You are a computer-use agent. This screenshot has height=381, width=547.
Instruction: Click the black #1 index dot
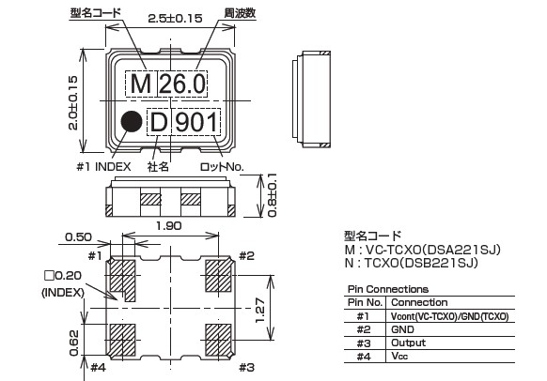[132, 122]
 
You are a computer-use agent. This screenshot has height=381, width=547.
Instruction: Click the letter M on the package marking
[141, 84]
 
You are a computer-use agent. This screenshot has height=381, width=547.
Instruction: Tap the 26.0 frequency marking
[182, 84]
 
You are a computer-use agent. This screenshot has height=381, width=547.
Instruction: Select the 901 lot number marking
[196, 122]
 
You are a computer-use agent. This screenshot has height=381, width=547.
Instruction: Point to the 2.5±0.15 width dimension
[175, 18]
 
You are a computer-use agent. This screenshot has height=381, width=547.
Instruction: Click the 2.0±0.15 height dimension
[72, 103]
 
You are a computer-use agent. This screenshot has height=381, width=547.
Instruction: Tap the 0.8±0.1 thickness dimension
[273, 195]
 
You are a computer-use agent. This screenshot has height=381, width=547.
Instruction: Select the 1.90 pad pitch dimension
[169, 226]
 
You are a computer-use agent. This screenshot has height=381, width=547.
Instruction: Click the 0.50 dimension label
[79, 237]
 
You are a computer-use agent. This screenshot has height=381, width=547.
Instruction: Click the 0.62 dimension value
[74, 343]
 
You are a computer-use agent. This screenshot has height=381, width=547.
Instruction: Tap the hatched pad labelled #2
[218, 276]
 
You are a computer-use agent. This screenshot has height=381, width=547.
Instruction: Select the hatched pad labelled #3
[218, 341]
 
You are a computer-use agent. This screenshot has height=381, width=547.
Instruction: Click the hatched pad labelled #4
[122, 341]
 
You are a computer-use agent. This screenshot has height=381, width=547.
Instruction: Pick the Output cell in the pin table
[408, 343]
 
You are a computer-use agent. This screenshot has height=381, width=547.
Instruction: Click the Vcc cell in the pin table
[399, 357]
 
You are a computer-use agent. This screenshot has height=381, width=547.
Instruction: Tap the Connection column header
[419, 302]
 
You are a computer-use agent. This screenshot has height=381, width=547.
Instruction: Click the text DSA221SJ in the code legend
[461, 250]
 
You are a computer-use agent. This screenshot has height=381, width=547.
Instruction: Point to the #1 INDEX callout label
[103, 167]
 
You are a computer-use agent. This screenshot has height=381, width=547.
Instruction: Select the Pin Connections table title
[388, 289]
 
